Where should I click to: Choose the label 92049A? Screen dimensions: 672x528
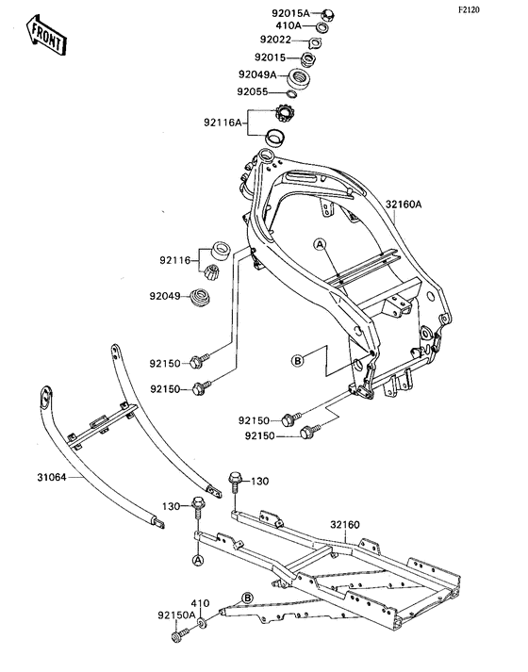click(256, 74)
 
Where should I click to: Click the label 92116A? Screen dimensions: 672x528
click(223, 123)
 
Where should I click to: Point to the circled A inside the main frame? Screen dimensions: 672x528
click(321, 244)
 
